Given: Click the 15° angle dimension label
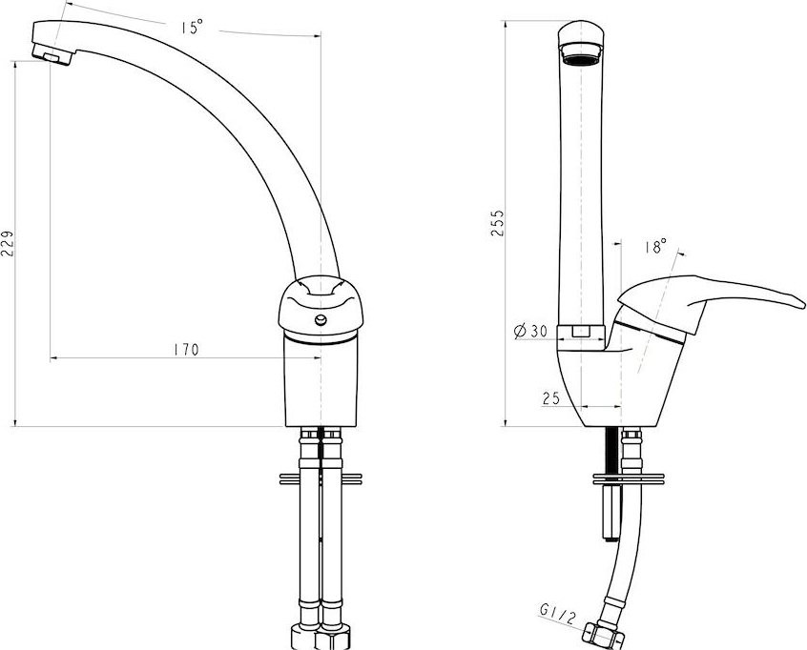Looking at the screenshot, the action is point(192,28).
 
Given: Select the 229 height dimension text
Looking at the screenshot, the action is point(8,243).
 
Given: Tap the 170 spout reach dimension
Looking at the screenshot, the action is point(186,350).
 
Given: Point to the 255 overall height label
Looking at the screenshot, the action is point(497,223).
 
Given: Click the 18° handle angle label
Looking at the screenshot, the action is point(655,246).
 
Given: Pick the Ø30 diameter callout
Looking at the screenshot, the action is point(530,331).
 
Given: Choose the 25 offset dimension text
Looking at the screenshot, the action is point(550,398).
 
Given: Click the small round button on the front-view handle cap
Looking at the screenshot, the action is point(321,321).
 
